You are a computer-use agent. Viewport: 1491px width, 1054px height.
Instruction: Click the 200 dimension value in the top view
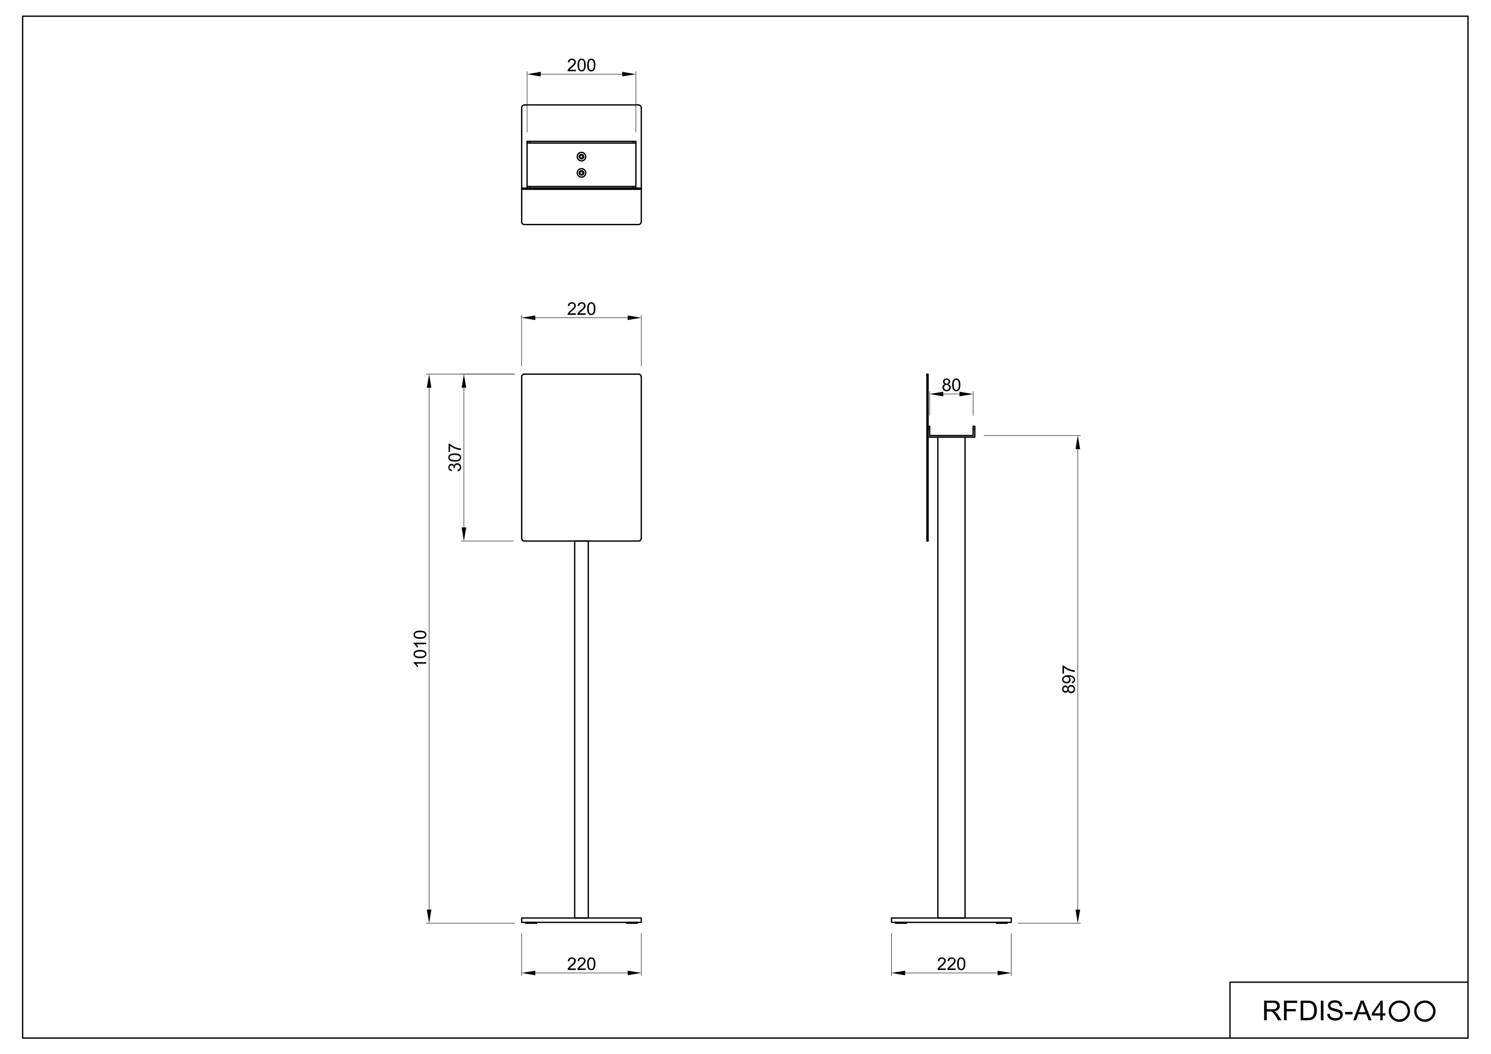click(x=581, y=65)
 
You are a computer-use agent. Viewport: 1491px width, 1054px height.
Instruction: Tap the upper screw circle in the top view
click(x=581, y=156)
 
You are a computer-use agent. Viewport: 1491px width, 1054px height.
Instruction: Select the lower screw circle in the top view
click(x=581, y=173)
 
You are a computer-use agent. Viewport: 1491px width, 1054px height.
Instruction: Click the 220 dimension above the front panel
click(x=581, y=309)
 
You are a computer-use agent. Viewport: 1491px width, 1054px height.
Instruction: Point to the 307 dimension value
click(x=455, y=457)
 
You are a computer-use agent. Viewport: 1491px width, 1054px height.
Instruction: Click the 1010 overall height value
click(x=420, y=648)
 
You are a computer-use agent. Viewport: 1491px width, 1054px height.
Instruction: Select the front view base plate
click(x=581, y=920)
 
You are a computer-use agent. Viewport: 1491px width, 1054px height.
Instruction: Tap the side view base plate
click(x=951, y=920)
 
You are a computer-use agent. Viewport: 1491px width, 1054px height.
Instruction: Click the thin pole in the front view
click(x=581, y=727)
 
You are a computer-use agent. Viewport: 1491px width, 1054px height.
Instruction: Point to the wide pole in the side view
click(x=951, y=682)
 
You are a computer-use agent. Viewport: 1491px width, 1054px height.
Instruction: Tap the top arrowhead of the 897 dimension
click(x=1077, y=443)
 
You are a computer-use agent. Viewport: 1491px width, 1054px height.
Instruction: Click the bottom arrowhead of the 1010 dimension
click(x=428, y=916)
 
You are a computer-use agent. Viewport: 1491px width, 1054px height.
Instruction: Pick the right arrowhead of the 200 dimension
click(x=629, y=74)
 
